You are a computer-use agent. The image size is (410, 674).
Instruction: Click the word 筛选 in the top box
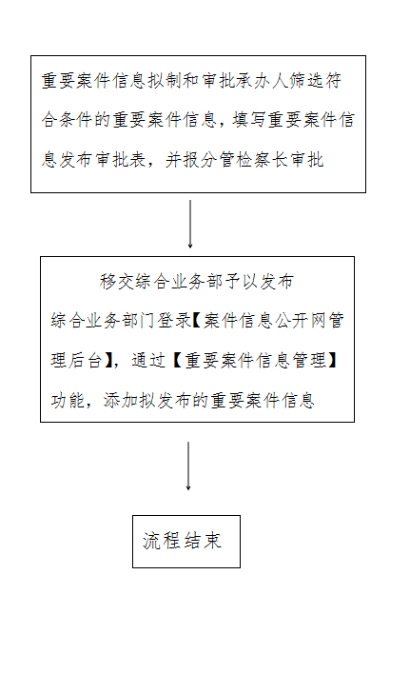coord(306,80)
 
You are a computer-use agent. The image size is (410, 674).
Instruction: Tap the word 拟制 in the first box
coord(166,80)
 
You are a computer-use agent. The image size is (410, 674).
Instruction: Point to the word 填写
coord(249,120)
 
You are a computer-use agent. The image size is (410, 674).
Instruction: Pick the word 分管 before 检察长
coord(218,160)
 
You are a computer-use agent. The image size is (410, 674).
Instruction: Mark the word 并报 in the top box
coord(183,160)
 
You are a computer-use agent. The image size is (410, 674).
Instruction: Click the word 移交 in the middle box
coord(117,282)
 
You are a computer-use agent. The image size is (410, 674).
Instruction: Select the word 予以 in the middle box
coord(241,282)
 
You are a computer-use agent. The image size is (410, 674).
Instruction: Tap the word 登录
coord(174,320)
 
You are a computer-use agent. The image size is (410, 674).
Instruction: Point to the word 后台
coord(86,360)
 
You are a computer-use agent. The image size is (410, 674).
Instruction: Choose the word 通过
coord(148,360)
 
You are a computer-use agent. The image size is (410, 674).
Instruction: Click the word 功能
coord(68,400)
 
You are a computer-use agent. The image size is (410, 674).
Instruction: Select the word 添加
coord(121,400)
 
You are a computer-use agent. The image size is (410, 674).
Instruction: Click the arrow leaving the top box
coord(190,224)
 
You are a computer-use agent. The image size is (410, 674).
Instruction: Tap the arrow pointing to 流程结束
coord(188,466)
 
